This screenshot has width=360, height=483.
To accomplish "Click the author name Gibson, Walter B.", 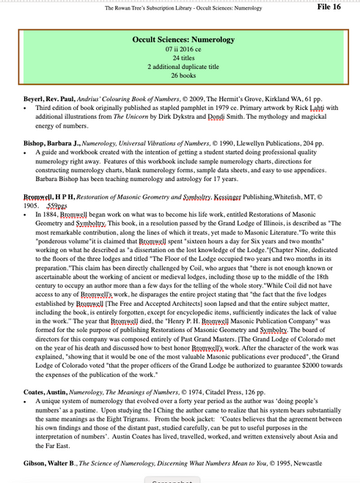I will click(x=47, y=463).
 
